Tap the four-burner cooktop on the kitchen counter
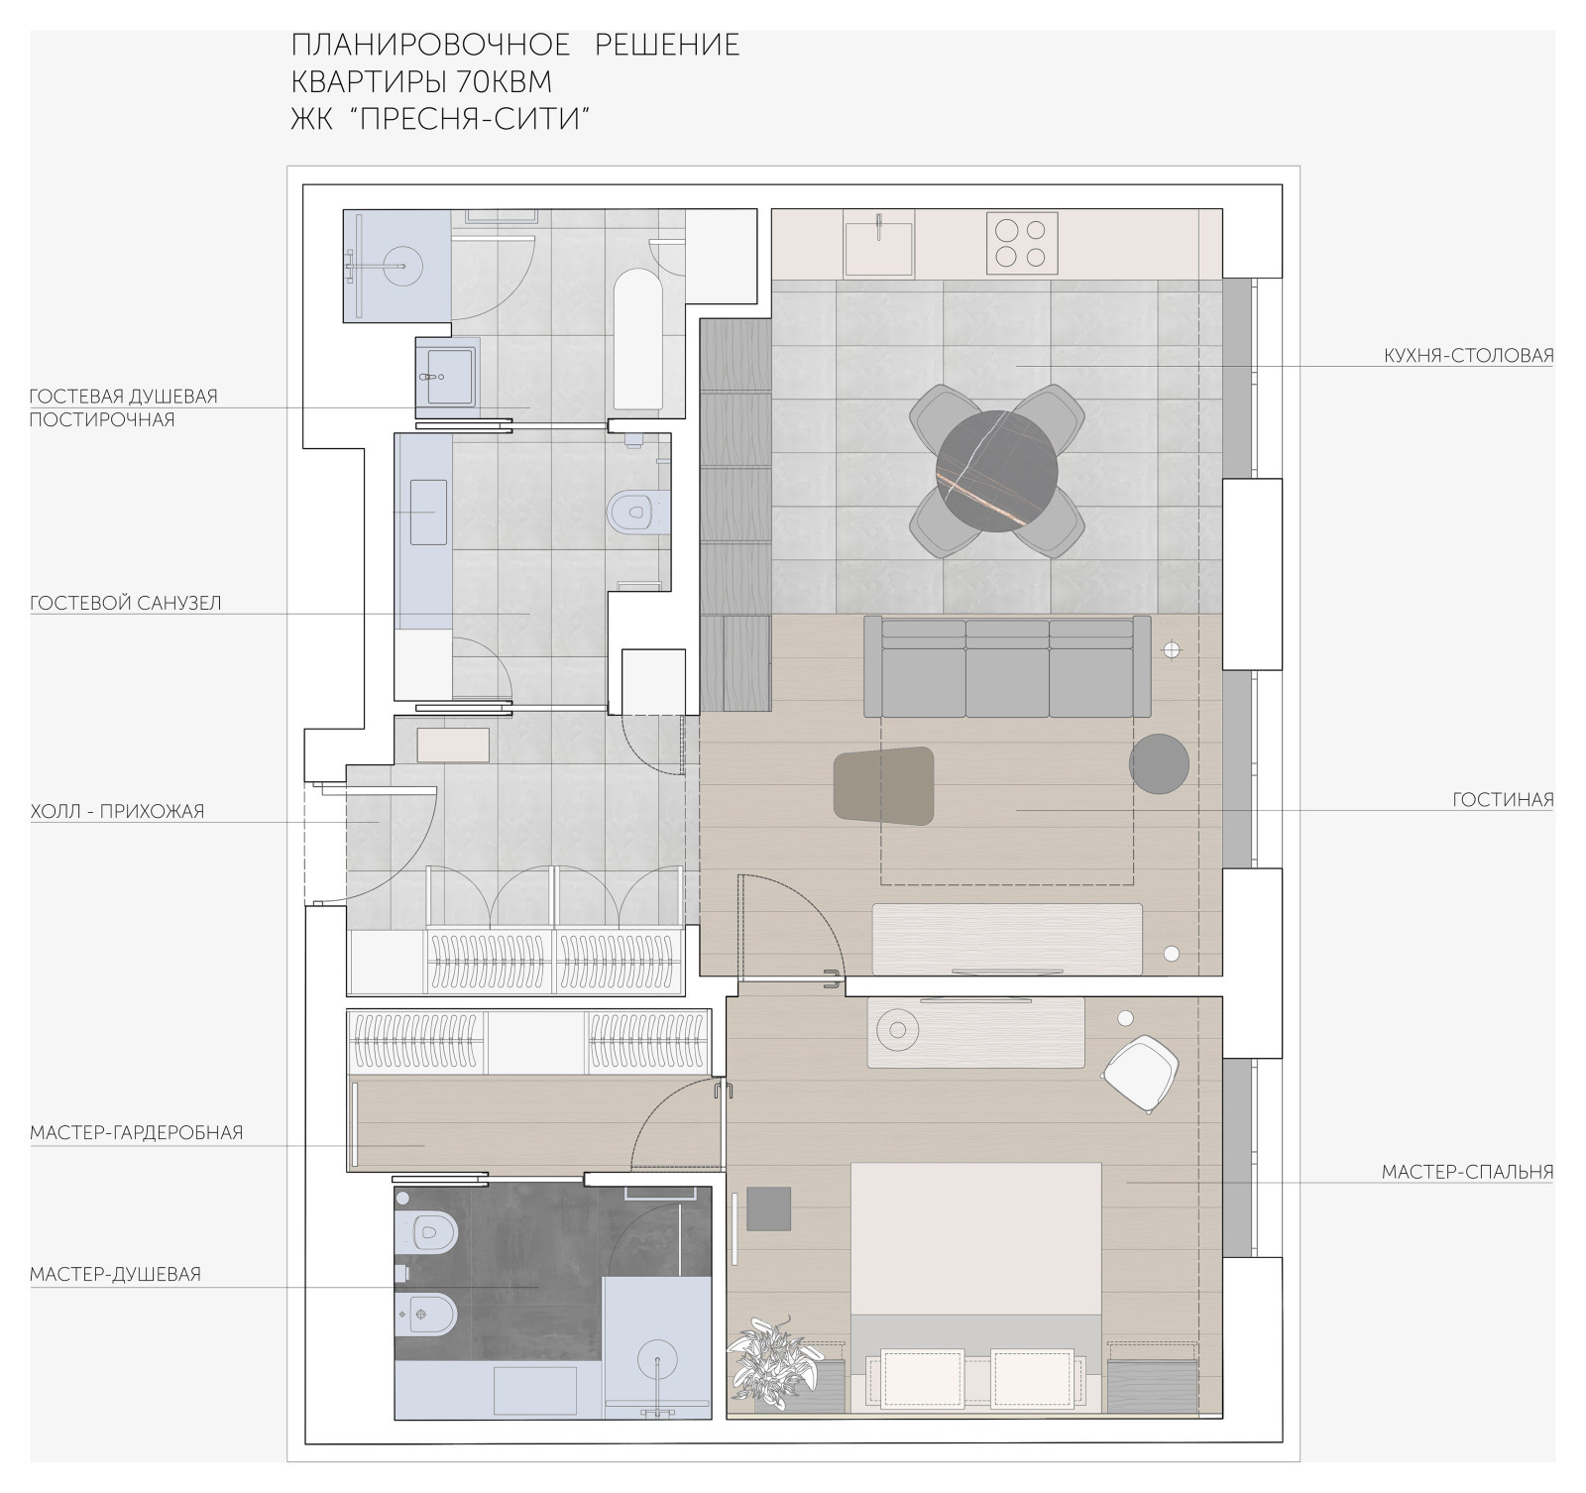(x=1021, y=243)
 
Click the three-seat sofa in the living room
(x=1007, y=666)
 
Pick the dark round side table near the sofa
(x=1159, y=763)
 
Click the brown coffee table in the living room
(x=884, y=786)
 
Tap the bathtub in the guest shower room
(x=638, y=340)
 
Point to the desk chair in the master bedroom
(x=1141, y=1075)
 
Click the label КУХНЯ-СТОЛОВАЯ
(x=1469, y=355)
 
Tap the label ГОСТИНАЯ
(x=1504, y=799)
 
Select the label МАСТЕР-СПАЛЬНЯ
(x=1468, y=1172)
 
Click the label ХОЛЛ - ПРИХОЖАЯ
(x=117, y=811)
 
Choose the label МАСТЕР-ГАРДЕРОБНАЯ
(x=137, y=1132)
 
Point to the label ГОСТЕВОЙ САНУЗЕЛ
(x=126, y=603)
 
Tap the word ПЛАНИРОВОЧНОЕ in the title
(x=431, y=45)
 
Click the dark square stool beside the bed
(x=768, y=1208)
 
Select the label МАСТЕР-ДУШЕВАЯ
(x=116, y=1274)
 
